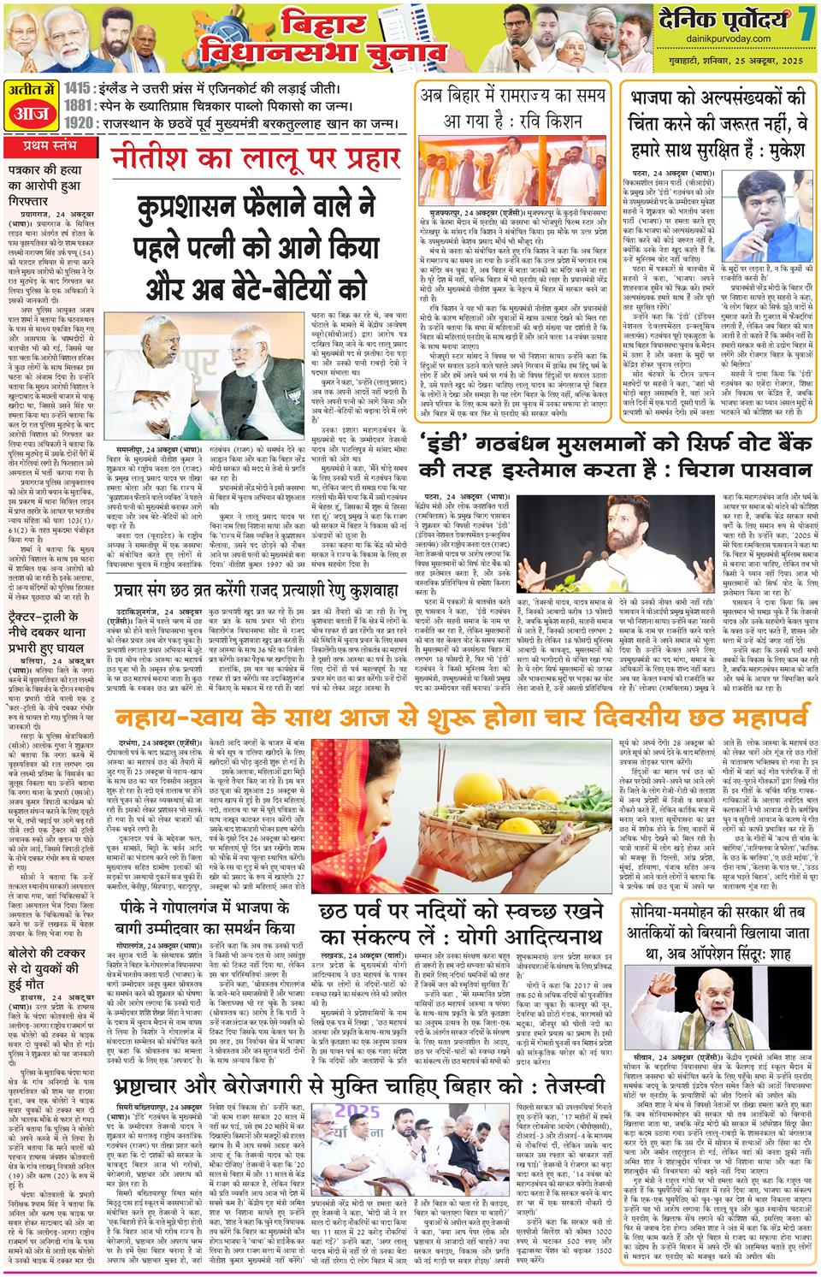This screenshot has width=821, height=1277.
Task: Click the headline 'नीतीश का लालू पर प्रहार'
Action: pos(261,159)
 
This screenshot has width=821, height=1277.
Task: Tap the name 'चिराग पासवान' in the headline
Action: pos(735,470)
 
